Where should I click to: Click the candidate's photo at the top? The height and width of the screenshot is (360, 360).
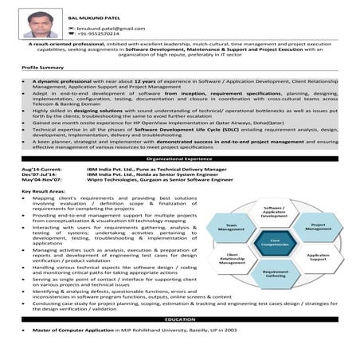tap(37, 24)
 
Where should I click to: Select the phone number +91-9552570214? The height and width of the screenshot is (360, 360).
tap(100, 34)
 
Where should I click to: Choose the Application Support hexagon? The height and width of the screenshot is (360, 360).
tap(317, 256)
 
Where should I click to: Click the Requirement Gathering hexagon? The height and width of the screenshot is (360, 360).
tap(276, 272)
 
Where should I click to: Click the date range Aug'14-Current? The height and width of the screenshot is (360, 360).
tap(40, 170)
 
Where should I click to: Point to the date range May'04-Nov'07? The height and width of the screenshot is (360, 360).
tap(40, 182)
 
